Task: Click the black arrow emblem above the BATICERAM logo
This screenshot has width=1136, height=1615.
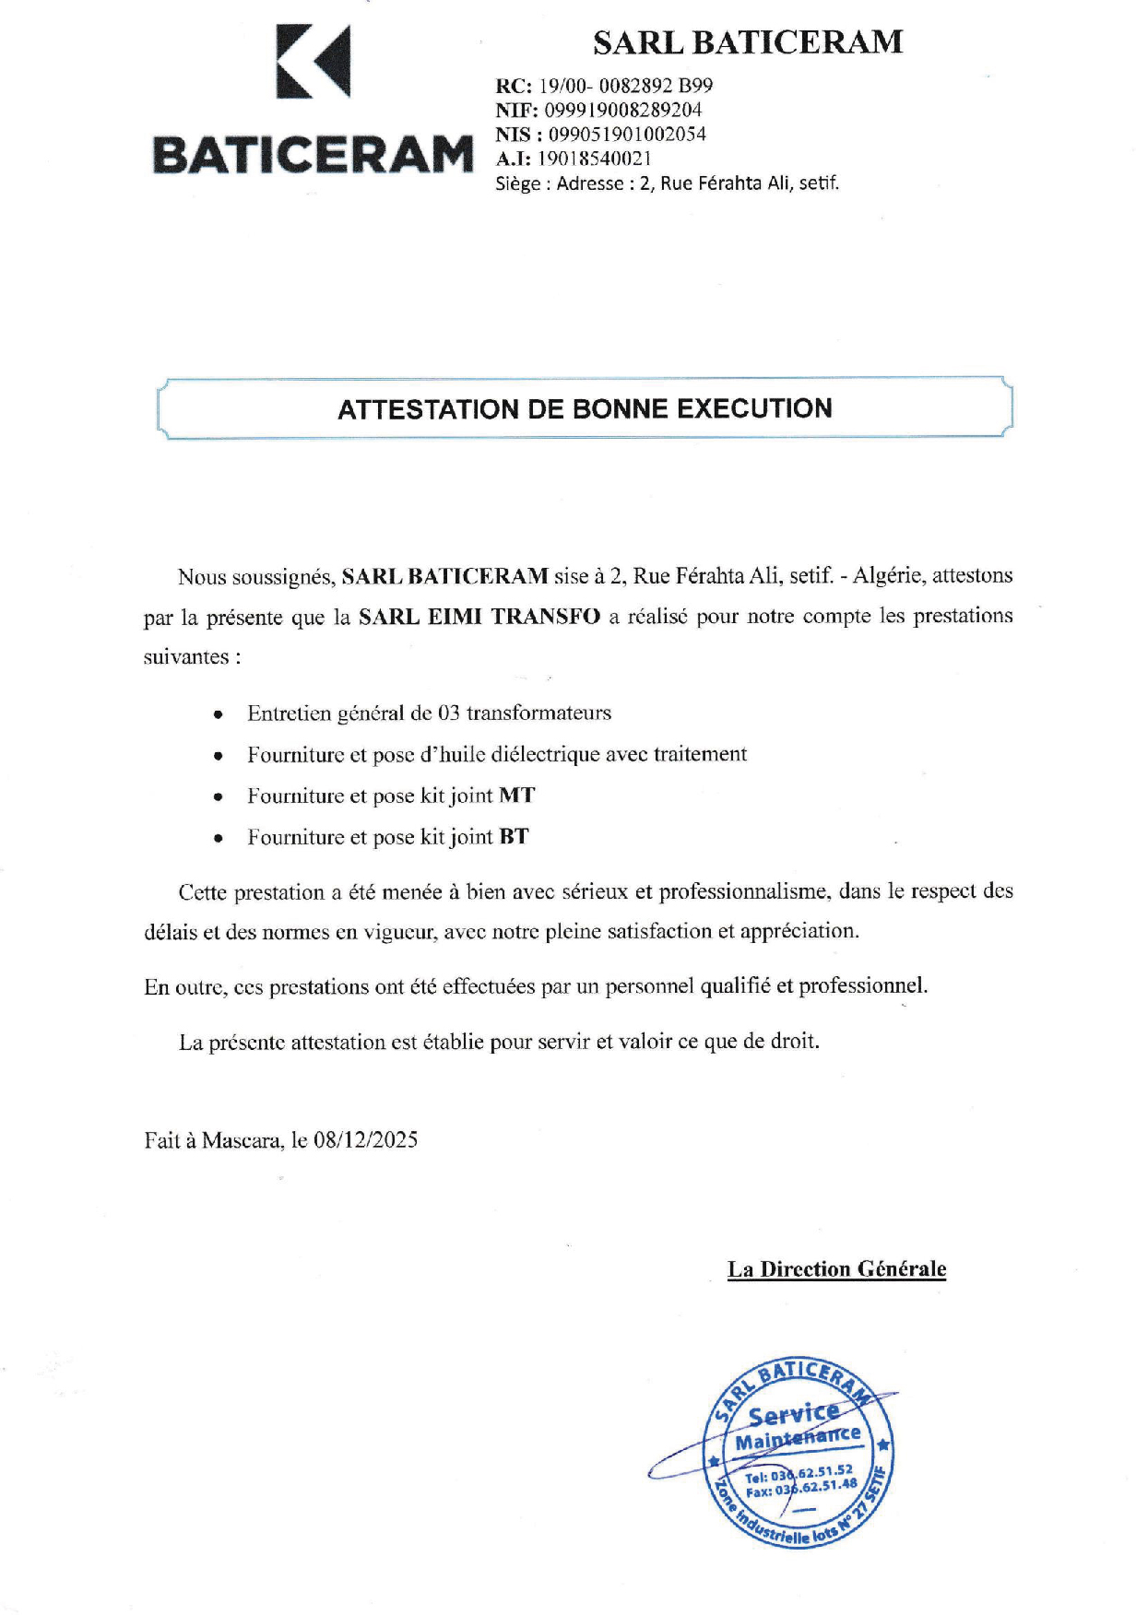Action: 314,62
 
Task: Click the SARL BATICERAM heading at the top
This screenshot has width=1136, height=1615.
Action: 747,42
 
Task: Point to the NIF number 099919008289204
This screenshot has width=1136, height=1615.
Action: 623,110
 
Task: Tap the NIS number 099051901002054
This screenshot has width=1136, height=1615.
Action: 627,134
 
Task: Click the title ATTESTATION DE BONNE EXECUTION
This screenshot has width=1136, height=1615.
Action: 585,408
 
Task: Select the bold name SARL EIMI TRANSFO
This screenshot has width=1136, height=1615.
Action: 479,616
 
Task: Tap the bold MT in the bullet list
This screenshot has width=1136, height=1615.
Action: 516,796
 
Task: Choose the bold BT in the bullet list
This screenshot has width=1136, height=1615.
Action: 514,837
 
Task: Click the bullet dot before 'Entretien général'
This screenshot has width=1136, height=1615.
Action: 218,714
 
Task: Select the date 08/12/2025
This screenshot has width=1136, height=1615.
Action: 365,1140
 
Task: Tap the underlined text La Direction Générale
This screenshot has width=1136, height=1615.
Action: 836,1269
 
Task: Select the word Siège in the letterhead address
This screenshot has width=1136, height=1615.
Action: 517,183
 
